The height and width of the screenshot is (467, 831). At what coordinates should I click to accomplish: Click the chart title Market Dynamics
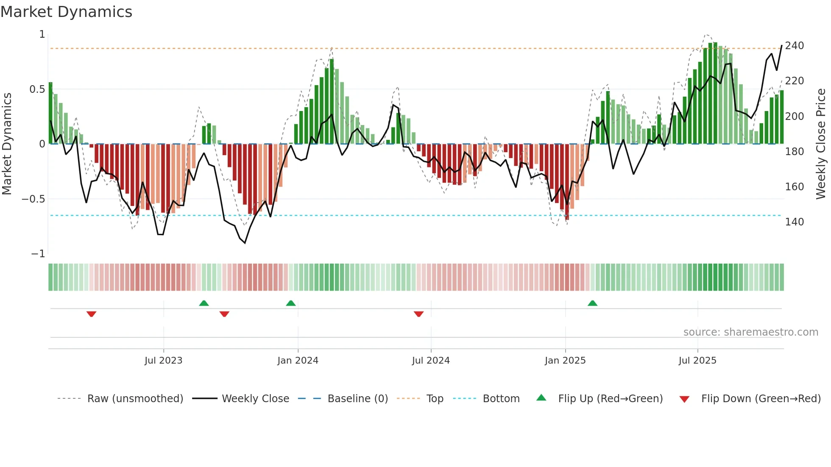click(x=66, y=12)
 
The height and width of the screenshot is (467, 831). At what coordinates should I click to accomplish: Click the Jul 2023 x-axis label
click(x=163, y=361)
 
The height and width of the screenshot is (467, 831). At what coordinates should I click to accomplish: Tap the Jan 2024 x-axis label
click(x=298, y=361)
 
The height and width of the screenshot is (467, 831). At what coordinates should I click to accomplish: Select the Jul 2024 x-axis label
click(x=431, y=361)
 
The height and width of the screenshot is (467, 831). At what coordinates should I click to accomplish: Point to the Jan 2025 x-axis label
click(x=565, y=361)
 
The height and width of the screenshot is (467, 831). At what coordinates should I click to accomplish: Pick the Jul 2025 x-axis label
click(x=697, y=361)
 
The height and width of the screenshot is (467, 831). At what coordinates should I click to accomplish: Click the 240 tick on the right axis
click(x=794, y=46)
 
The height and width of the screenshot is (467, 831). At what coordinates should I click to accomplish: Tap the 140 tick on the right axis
click(x=794, y=222)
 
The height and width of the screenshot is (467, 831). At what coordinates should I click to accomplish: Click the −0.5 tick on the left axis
click(x=33, y=199)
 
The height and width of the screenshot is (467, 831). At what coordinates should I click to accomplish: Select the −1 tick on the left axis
click(x=38, y=254)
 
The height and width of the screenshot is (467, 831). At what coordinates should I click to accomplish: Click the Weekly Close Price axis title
click(x=821, y=144)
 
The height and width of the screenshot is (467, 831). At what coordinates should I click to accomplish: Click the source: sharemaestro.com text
click(x=750, y=332)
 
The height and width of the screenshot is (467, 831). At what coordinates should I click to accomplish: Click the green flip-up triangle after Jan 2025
click(x=592, y=303)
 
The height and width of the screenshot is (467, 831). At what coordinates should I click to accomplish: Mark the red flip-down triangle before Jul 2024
click(x=418, y=314)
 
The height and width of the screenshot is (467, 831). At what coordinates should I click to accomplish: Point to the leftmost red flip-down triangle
click(x=91, y=314)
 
